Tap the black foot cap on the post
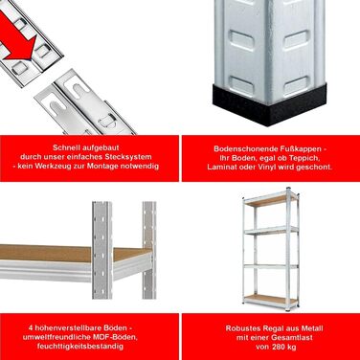(x=269, y=104)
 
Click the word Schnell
(x=66, y=147)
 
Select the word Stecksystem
(x=132, y=157)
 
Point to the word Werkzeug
(x=54, y=166)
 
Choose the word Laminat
(x=220, y=168)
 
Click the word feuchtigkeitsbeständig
(x=80, y=347)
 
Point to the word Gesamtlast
(x=293, y=337)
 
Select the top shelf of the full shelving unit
(x=270, y=199)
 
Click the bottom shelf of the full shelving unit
(x=270, y=300)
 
